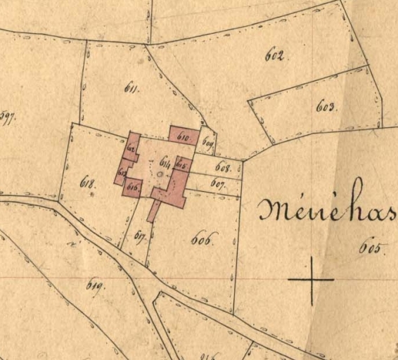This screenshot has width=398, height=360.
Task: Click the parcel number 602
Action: click(x=274, y=56)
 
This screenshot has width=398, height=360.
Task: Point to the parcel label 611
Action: click(x=131, y=88)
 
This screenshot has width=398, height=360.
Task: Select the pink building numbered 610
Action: click(x=184, y=134)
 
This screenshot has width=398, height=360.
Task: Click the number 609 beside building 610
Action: click(x=207, y=141)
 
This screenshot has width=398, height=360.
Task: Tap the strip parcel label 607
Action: click(x=217, y=184)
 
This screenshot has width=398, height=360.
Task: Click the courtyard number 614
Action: click(x=165, y=160)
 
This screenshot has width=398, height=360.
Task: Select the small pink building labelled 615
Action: click(x=181, y=164)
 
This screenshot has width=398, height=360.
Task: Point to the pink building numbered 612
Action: click(x=132, y=147)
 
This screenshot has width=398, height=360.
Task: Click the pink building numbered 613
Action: click(x=122, y=170)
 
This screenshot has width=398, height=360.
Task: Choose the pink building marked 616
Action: click(x=134, y=188)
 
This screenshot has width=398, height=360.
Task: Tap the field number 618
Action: click(x=88, y=184)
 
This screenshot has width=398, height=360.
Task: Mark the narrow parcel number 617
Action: click(x=139, y=236)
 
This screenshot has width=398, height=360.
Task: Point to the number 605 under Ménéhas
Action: click(x=369, y=247)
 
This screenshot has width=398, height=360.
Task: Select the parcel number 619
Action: click(x=95, y=284)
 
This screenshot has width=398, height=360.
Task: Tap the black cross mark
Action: click(x=311, y=279)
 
